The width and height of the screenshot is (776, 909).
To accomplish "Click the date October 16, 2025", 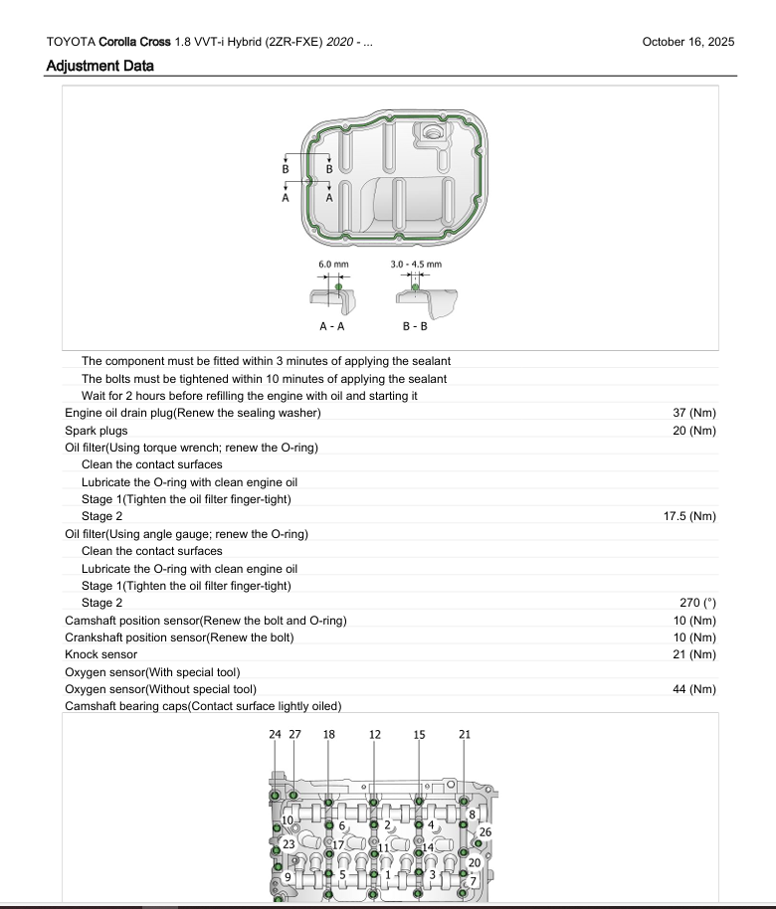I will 688,42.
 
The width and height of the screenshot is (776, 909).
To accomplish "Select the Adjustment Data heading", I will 99,67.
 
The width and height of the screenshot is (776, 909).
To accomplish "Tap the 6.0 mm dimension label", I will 333,265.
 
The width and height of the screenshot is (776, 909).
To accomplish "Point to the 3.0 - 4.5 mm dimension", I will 416,265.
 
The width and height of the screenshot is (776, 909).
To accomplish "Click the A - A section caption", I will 332,326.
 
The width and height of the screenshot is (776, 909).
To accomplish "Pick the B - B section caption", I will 415,326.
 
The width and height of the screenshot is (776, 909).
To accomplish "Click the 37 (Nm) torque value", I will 694,413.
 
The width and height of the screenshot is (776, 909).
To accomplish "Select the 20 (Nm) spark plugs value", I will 694,431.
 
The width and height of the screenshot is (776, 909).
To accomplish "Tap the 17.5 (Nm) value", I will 689,516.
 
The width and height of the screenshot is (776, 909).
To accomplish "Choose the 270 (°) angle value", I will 696,603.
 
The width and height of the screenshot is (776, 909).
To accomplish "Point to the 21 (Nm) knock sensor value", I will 694,654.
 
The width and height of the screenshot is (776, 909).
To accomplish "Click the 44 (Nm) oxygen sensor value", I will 694,689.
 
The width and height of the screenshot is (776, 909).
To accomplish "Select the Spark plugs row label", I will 97,431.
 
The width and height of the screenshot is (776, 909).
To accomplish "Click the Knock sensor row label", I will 100,654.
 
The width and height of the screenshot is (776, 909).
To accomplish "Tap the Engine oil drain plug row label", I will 193,413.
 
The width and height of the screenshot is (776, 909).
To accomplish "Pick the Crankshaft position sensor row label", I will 179,637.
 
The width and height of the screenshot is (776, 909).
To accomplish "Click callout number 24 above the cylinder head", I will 275,734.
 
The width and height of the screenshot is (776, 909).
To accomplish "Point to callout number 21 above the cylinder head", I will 465,734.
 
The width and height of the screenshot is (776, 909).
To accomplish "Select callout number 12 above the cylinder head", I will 374,734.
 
